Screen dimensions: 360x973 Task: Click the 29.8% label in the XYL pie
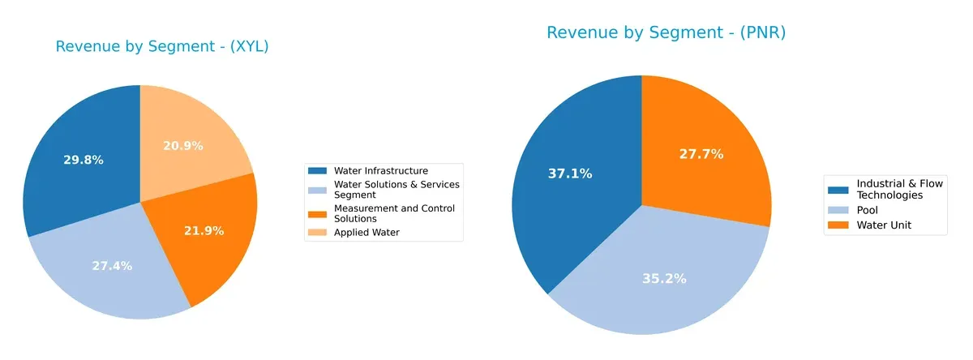point(84,160)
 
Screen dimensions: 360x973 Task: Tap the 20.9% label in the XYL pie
point(183,146)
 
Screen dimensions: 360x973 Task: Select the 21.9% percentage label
point(204,230)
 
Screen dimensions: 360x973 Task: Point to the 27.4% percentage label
point(112,266)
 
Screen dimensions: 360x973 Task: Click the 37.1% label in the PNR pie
point(571,174)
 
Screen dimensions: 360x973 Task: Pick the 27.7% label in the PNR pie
point(701,154)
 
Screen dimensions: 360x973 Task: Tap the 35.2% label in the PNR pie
point(665,278)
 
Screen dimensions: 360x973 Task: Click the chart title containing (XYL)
point(162,47)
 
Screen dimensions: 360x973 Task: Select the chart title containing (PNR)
point(666,32)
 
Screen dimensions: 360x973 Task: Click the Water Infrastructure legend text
point(380,170)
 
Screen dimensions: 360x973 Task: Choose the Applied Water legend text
point(366,233)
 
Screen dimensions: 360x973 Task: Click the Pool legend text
point(868,210)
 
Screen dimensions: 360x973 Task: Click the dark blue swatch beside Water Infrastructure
point(318,170)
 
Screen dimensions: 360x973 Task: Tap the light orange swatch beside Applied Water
point(318,233)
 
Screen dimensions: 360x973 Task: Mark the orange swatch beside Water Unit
point(838,225)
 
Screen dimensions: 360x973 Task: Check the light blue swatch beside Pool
point(838,210)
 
